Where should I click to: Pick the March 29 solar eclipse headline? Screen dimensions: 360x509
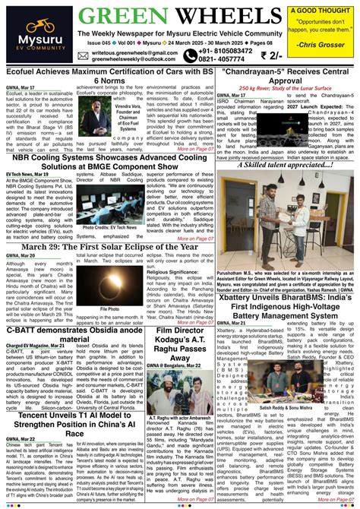109,247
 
